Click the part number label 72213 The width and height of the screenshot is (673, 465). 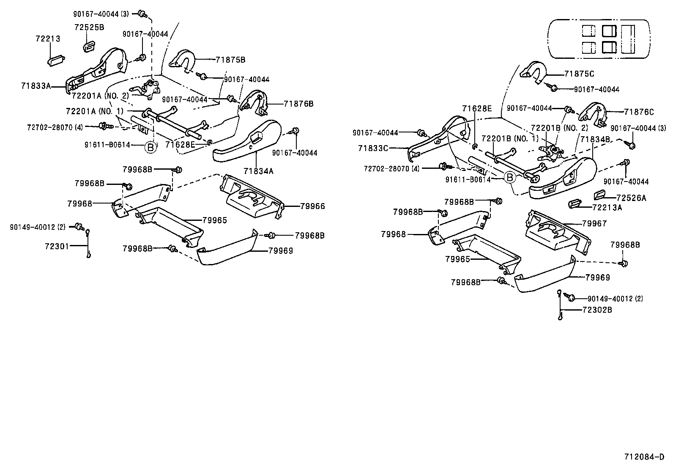47,39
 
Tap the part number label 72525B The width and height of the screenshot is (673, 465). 89,28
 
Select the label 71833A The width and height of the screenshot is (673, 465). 36,86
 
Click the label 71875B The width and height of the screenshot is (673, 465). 230,60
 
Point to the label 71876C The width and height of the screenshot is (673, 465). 639,112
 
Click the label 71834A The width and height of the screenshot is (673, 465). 258,171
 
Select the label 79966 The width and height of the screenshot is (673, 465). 312,206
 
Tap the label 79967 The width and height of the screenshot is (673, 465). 594,223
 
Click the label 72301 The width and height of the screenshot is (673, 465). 56,245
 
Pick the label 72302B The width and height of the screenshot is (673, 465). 597,310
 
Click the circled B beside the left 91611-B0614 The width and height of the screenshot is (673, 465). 150,147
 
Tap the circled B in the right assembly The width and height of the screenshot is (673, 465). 510,178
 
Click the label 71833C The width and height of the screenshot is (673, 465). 373,148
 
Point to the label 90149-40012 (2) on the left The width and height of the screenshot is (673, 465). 38,227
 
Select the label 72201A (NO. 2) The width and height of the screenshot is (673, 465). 100,96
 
